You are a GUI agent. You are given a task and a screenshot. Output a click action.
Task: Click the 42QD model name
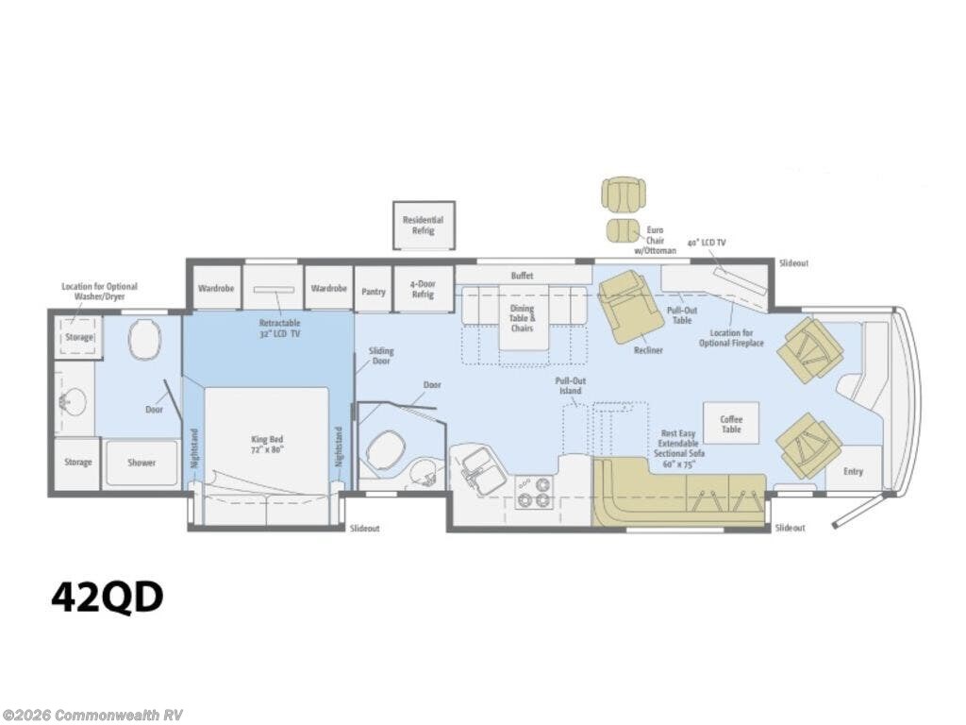coord(108,597)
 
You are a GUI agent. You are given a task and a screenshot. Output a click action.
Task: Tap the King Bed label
coord(267,444)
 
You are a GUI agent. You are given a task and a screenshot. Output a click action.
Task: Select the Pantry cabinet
coord(374,289)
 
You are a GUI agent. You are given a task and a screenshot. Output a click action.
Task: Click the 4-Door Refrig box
coord(423,289)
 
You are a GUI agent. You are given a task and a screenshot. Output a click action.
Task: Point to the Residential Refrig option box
coord(424,225)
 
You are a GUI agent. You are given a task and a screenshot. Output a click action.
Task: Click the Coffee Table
coord(731,424)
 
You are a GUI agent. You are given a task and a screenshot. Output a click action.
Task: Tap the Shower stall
coord(142,463)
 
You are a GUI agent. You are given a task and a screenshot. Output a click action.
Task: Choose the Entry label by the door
coord(853,472)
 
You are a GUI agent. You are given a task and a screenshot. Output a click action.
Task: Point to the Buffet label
coord(522,276)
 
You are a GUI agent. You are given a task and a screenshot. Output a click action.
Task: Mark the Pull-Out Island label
coord(571,386)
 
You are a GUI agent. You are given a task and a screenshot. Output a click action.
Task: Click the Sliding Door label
coord(381,356)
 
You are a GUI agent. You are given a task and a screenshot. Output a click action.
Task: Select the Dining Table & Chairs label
coord(522,318)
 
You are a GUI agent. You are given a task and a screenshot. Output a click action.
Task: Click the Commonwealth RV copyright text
coord(92,716)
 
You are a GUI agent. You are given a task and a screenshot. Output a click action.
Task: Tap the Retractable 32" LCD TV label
coord(279,328)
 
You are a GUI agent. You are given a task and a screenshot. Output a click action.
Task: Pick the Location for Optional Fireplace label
coord(731,338)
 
